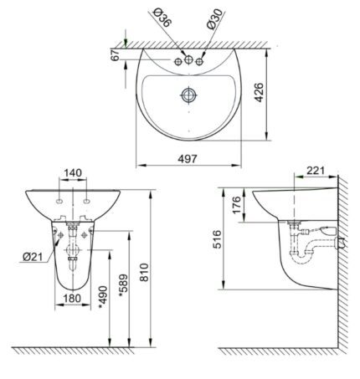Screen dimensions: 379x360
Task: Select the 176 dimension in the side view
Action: pyautogui.click(x=236, y=204)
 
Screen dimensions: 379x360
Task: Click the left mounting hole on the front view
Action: pyautogui.click(x=62, y=202)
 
